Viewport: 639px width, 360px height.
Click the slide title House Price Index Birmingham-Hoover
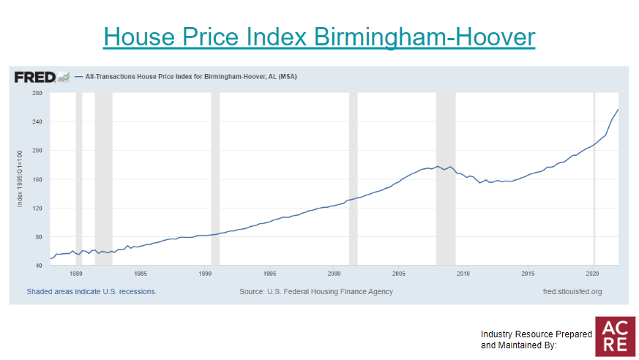319,37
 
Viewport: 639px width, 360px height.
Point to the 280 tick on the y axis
37,94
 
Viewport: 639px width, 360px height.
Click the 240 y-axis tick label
37,122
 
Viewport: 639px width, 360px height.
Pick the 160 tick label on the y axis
37,179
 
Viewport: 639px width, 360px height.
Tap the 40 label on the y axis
38,265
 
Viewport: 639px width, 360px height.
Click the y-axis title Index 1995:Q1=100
20,179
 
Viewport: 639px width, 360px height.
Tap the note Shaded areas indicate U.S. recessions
91,291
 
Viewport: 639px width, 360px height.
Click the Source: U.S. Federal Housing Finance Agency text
316,291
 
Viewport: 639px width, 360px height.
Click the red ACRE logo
616,336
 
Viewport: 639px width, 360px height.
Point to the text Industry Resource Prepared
537,334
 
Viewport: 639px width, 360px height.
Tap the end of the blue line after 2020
618,110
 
